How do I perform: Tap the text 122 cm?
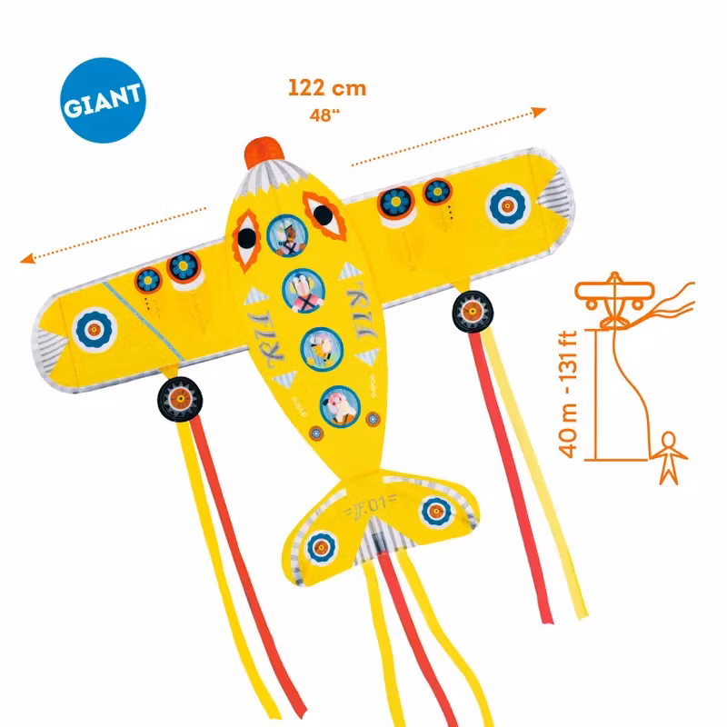(x=327, y=88)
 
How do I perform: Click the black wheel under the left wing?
(x=178, y=397)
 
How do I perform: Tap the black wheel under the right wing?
(x=473, y=313)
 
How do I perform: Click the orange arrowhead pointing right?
(x=539, y=112)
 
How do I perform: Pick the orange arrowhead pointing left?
(x=27, y=259)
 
